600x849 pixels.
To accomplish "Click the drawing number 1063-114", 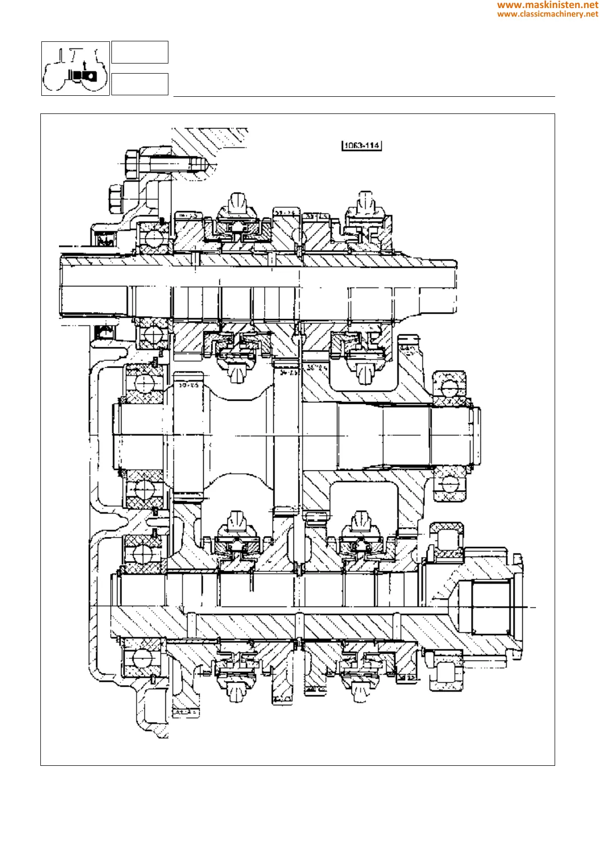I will (362, 146).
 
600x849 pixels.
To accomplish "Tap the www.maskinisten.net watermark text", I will (548, 5).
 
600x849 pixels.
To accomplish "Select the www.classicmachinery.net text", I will (548, 14).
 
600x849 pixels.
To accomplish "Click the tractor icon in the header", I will (76, 69).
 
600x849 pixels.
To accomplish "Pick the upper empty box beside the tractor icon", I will (140, 52).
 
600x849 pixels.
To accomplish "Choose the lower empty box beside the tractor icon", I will (140, 84).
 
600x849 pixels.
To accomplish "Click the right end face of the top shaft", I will (456, 286).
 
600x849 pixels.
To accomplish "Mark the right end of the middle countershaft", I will (476, 436).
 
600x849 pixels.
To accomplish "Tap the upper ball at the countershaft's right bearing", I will (448, 388).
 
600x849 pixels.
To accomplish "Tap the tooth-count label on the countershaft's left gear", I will (189, 385).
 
